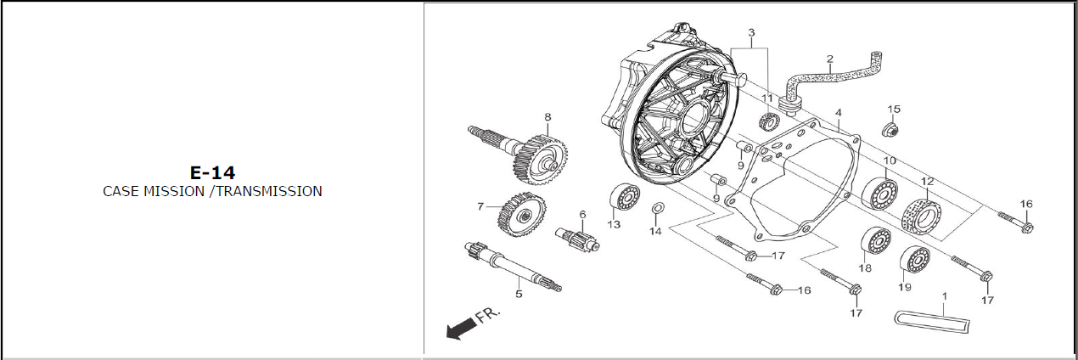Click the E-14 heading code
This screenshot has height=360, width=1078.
point(212,172)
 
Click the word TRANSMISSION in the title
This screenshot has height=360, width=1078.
point(269,191)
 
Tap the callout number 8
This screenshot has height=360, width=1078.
point(547,117)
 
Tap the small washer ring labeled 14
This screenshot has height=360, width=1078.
point(657,209)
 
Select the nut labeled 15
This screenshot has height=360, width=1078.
point(892,130)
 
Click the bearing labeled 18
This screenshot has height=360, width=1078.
point(875,242)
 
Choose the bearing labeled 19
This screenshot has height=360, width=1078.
point(915,258)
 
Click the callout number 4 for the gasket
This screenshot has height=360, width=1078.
point(838,113)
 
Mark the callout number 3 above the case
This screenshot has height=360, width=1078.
point(751,33)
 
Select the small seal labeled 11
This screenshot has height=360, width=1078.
point(769,121)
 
